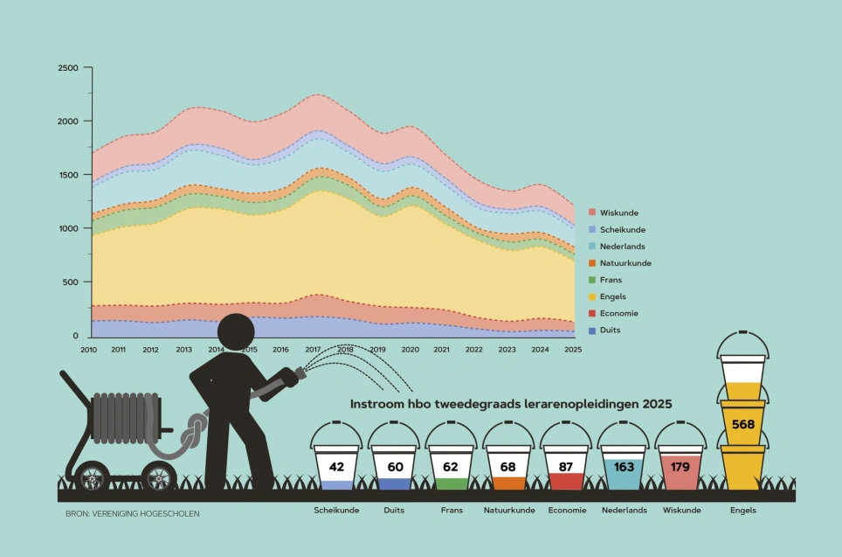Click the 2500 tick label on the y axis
[67, 68]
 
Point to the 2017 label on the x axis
[312, 350]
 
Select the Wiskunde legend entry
[618, 212]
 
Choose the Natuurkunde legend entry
[625, 263]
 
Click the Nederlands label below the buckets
[624, 510]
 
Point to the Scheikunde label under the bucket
[336, 510]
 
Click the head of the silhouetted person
[236, 332]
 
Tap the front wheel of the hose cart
[158, 477]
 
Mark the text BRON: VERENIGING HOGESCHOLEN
[132, 513]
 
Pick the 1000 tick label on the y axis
[67, 228]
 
